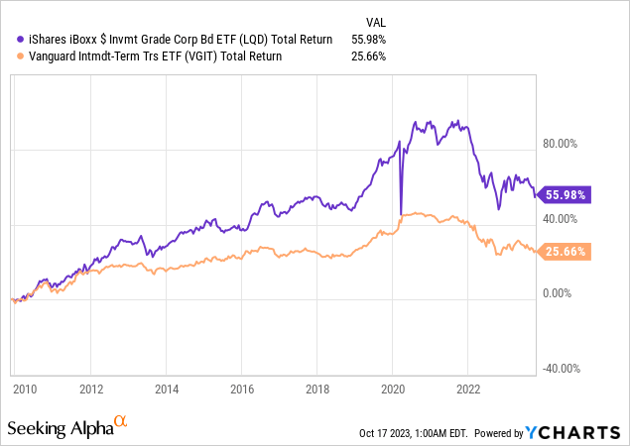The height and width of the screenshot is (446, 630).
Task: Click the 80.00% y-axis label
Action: (x=560, y=144)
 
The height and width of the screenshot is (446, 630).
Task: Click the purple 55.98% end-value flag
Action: (x=564, y=194)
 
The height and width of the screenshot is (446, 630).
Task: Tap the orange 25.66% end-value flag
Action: (x=564, y=252)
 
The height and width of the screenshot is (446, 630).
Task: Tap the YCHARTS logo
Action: (x=578, y=431)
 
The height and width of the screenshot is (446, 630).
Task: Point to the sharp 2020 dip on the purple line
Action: (x=401, y=212)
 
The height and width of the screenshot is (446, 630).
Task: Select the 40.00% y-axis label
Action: (x=560, y=219)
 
